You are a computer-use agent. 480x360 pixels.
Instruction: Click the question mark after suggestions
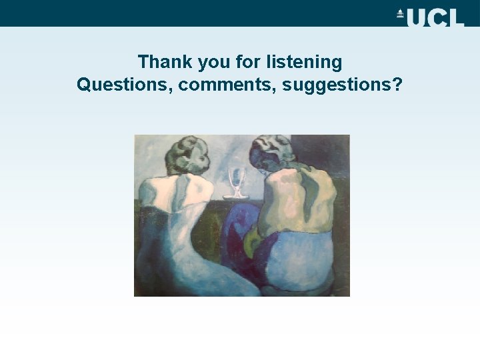point(397,85)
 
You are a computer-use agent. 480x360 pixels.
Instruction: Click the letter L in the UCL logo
point(455,17)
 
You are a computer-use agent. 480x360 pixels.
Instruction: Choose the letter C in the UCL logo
point(436,17)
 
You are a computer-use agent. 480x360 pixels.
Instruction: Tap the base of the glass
point(236,195)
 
